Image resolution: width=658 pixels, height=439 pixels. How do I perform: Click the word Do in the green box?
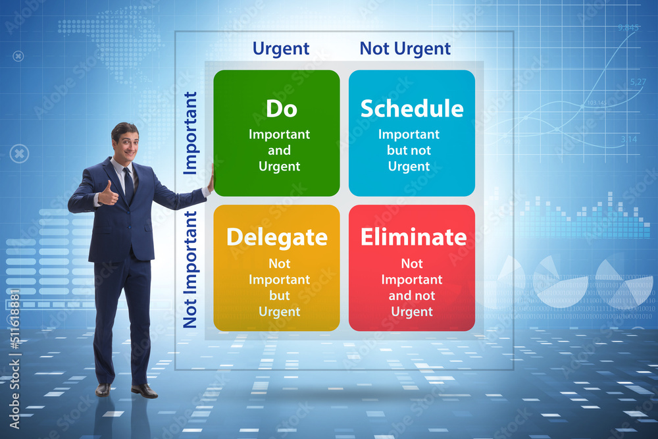282,109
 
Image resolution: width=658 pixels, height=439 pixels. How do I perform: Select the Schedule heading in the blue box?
412,109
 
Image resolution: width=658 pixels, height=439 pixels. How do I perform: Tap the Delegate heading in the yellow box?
277,238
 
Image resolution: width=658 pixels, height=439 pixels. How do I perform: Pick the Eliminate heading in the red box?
413,237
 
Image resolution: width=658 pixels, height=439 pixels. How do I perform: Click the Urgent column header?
281,49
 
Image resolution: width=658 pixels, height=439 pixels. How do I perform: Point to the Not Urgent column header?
405,49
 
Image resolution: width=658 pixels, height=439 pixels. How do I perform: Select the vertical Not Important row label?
190,269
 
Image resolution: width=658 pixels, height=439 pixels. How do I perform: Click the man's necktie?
129,186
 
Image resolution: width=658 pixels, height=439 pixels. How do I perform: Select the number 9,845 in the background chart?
628,28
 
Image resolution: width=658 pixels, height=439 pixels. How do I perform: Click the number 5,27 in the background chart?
638,82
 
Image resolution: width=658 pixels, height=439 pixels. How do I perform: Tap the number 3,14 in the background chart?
628,139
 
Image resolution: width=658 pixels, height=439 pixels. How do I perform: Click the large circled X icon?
19,153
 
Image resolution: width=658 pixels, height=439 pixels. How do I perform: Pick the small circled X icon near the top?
18,56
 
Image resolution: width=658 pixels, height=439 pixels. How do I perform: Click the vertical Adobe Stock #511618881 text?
14,359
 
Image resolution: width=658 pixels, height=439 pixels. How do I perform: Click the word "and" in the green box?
279,150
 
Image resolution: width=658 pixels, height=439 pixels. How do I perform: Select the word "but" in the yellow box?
280,296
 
